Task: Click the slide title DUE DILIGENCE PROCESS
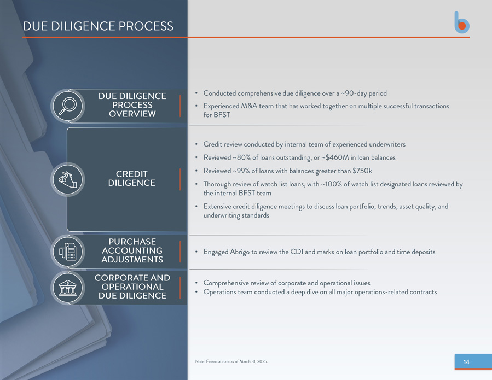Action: pyautogui.click(x=98, y=26)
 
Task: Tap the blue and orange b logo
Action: pyautogui.click(x=462, y=22)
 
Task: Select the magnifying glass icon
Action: pyautogui.click(x=67, y=106)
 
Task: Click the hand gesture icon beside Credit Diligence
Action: pyautogui.click(x=67, y=180)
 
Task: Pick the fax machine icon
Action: pyautogui.click(x=67, y=252)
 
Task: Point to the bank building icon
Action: pyautogui.click(x=68, y=288)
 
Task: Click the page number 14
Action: pyautogui.click(x=466, y=362)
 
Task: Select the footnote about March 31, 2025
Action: pyautogui.click(x=231, y=361)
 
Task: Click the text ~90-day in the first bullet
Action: pyautogui.click(x=354, y=93)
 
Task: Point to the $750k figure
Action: pyautogui.click(x=362, y=171)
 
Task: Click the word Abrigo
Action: pyautogui.click(x=240, y=252)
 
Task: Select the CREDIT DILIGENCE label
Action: pyautogui.click(x=132, y=178)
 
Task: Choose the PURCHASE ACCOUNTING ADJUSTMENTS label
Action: pyautogui.click(x=132, y=250)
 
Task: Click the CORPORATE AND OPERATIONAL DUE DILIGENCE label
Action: pyautogui.click(x=132, y=287)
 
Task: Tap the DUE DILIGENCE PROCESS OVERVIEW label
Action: pyautogui.click(x=132, y=105)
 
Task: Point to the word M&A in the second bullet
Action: pyautogui.click(x=249, y=106)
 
